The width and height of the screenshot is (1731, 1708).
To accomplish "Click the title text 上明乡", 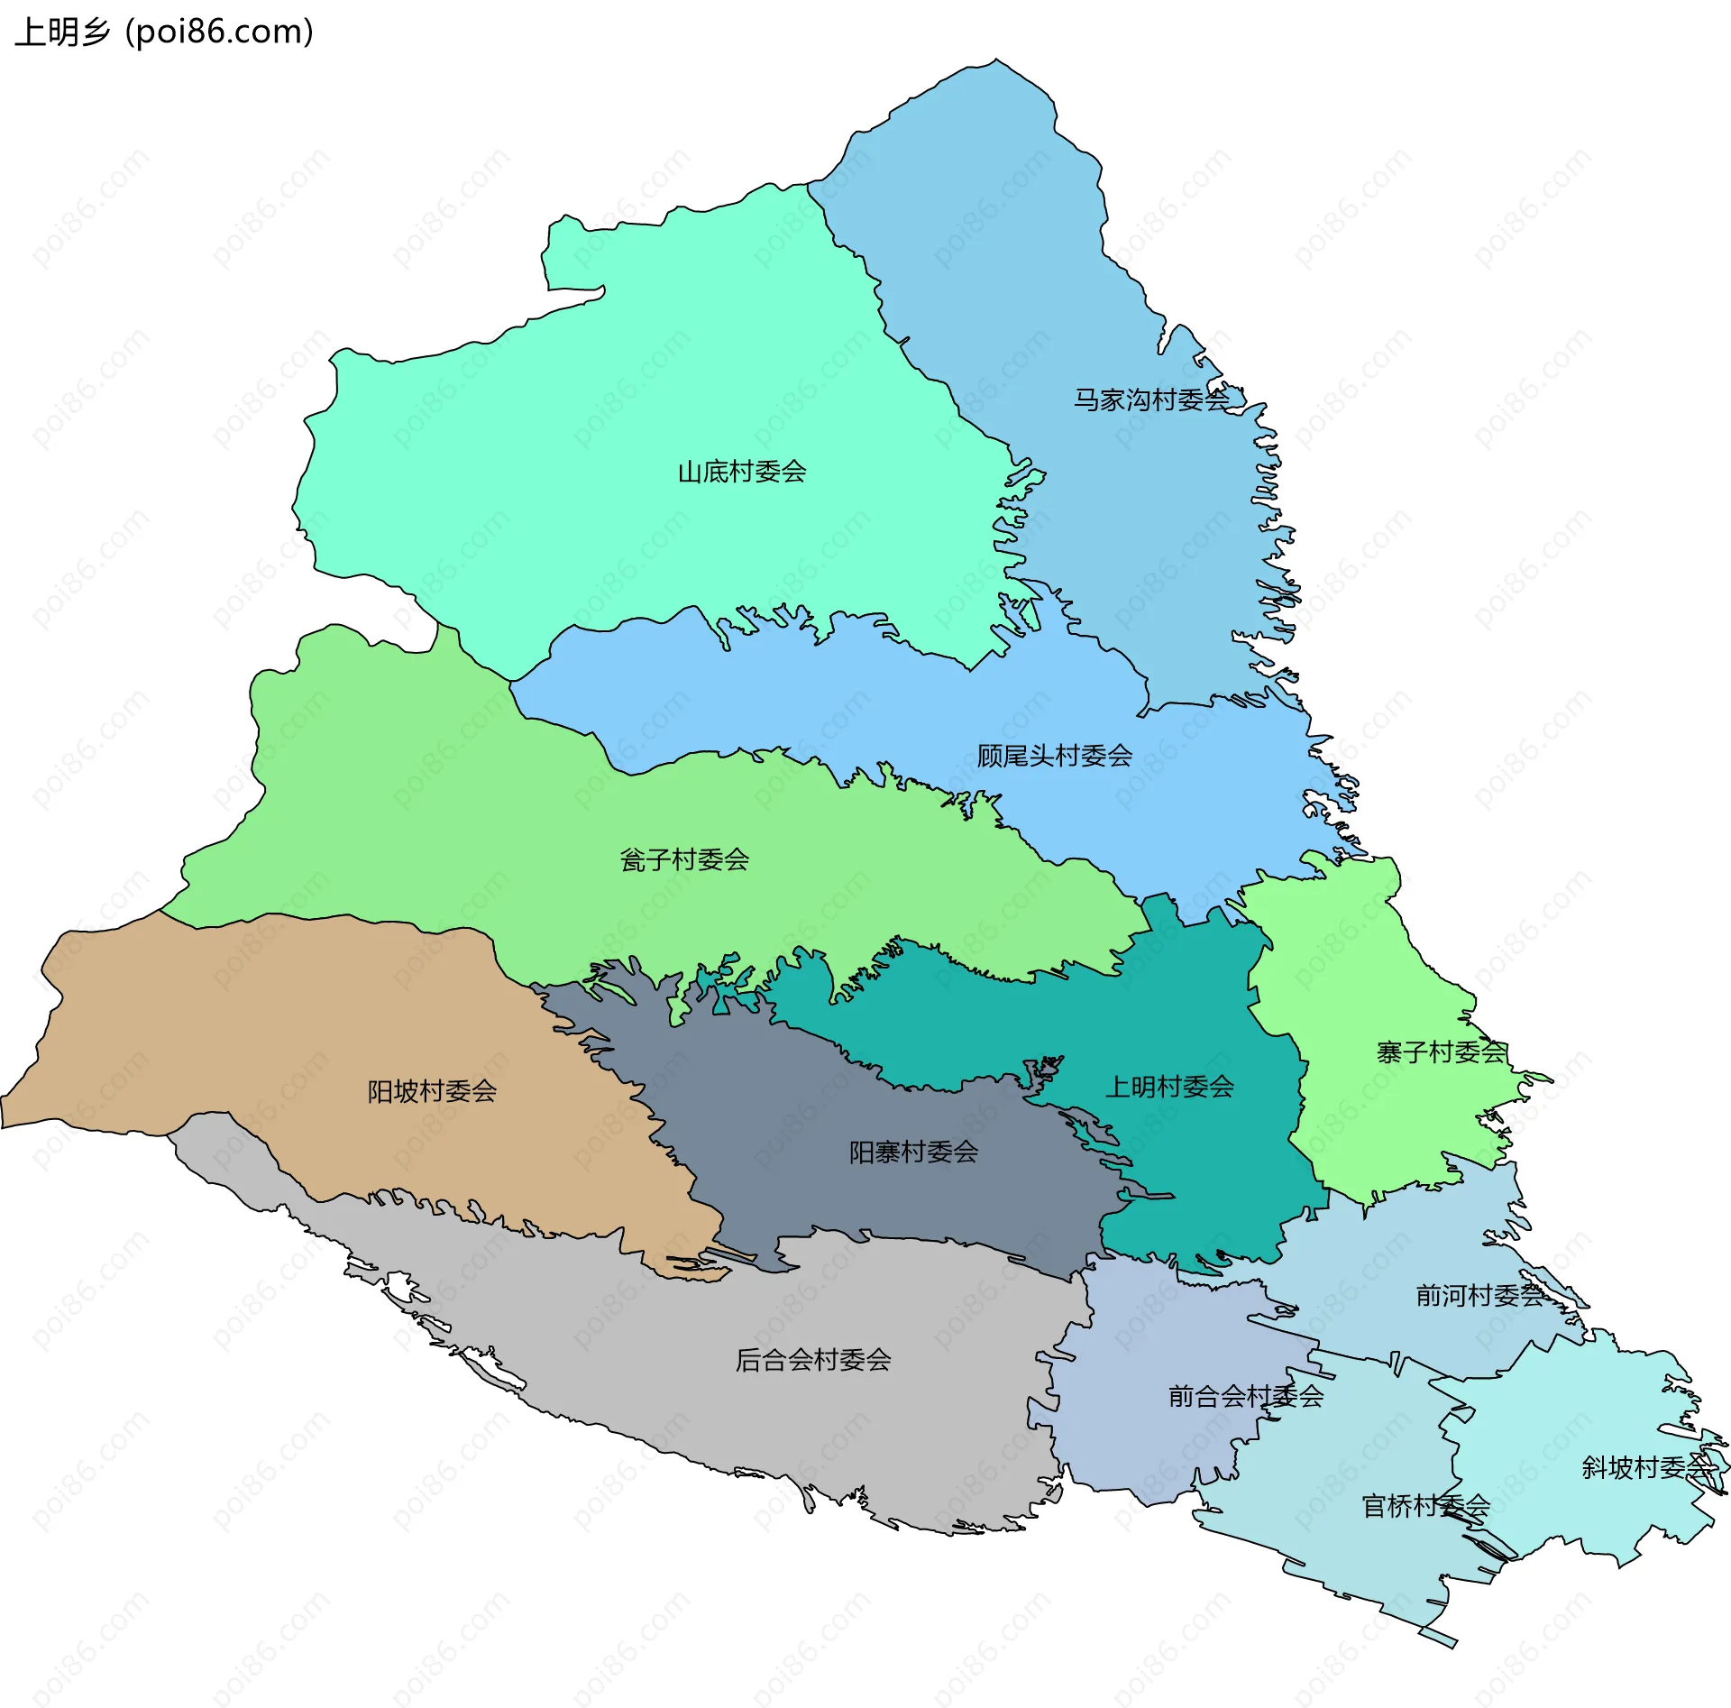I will click(x=61, y=32).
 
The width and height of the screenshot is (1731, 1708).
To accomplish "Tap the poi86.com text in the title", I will click(x=219, y=32).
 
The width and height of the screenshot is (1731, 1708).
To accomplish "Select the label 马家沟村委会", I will click(x=1150, y=399).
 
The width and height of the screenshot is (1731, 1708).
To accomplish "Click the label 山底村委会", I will click(x=741, y=472).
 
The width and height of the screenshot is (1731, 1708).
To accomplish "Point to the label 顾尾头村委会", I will click(x=1054, y=756).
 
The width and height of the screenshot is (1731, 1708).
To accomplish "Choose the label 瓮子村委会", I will click(x=684, y=859).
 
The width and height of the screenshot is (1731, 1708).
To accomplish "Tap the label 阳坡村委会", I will click(x=432, y=1091).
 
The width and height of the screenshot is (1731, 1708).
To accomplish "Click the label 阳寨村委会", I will click(x=913, y=1152).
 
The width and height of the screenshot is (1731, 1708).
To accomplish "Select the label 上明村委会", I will click(x=1169, y=1087).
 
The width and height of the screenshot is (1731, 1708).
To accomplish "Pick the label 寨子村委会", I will click(x=1441, y=1052).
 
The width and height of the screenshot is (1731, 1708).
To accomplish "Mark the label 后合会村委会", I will click(x=812, y=1360).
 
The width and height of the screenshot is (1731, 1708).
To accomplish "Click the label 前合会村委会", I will click(x=1245, y=1397).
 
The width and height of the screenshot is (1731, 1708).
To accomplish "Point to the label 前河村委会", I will click(x=1479, y=1296).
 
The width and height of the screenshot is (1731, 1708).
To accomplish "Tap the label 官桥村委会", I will click(x=1424, y=1506).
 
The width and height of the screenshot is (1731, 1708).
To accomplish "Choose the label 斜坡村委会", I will click(x=1646, y=1468).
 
